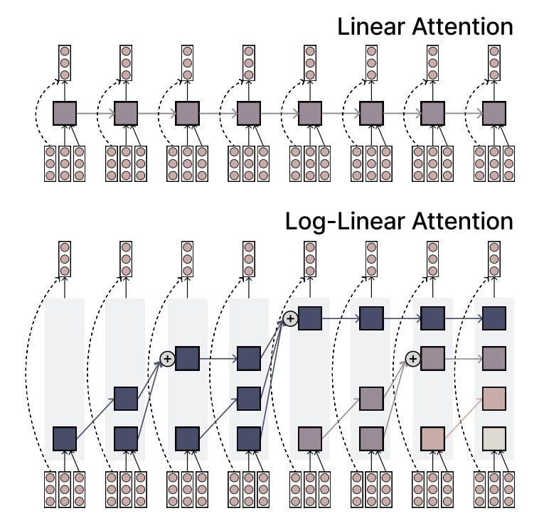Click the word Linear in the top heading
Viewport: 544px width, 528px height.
[372, 27]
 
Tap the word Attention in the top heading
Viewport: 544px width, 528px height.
[462, 27]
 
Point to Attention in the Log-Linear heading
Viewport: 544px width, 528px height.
[462, 221]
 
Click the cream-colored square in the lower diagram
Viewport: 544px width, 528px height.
[494, 438]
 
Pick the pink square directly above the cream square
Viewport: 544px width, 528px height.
[494, 399]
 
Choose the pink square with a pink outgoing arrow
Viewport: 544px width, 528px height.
[432, 438]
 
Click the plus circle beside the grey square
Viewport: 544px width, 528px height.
[413, 359]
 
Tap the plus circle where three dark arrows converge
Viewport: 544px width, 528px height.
[290, 318]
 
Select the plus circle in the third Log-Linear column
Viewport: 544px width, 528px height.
[167, 359]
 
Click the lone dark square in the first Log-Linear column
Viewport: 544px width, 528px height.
[65, 438]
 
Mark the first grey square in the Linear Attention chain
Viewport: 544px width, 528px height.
[65, 114]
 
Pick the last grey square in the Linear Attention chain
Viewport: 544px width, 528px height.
[494, 114]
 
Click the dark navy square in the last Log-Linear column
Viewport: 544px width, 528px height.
[494, 318]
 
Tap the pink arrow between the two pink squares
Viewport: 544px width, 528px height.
[464, 419]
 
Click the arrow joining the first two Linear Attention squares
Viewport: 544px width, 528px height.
[95, 114]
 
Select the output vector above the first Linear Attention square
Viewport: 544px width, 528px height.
[65, 63]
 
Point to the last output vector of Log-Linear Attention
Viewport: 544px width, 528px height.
[494, 259]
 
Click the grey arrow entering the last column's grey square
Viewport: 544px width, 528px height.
[464, 359]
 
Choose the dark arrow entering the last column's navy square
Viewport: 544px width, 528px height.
[464, 318]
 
